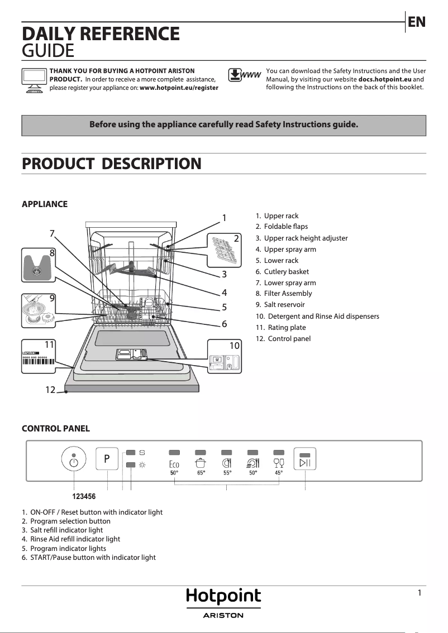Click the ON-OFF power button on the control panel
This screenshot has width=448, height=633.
click(x=74, y=461)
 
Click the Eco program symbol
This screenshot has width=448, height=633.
click(x=174, y=463)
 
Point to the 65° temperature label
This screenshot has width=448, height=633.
click(x=201, y=473)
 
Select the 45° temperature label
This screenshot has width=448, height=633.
click(x=279, y=473)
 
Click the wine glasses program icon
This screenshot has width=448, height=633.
click(x=279, y=462)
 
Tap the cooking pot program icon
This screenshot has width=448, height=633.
click(x=200, y=462)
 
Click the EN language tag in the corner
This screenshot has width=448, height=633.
click(x=417, y=22)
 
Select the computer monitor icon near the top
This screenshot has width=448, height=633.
click(x=34, y=80)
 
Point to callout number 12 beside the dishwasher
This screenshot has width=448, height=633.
click(x=50, y=390)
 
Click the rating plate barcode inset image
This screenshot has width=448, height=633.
click(x=38, y=357)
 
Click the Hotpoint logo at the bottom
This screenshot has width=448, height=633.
click(x=223, y=597)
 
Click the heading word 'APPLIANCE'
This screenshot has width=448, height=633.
click(x=45, y=204)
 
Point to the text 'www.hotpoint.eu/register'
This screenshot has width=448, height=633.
click(x=179, y=88)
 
